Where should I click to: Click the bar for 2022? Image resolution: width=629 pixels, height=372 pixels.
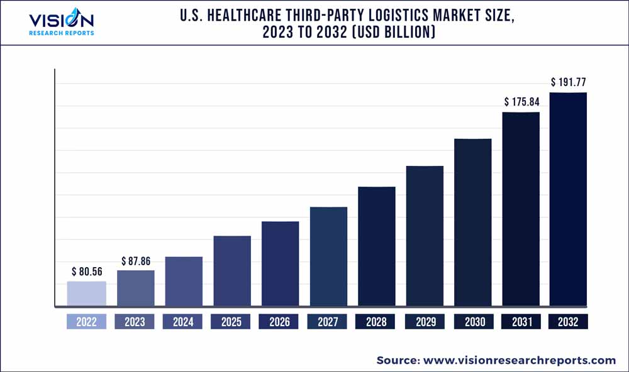coord(87,294)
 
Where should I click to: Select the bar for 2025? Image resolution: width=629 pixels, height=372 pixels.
coord(232,271)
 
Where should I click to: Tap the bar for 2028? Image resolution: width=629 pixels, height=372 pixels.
coord(377,247)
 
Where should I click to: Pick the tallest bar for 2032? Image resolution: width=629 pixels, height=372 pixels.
coord(568,200)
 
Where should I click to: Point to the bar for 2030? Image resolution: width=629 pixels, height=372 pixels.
coord(473,223)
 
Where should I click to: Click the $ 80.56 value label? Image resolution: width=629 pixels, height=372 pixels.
coord(87,272)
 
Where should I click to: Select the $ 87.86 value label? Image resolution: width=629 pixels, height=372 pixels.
coord(135,261)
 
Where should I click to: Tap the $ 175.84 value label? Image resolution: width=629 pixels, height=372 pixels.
coord(521,102)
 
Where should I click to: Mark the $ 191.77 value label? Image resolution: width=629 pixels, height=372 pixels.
coord(569,82)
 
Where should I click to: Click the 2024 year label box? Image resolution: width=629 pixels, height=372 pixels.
coord(183,322)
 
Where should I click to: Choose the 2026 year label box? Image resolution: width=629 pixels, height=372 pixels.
coord(279,322)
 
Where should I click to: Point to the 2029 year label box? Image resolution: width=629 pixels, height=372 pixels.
coord(425,322)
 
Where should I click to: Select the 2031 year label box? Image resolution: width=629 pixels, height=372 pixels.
coord(521,322)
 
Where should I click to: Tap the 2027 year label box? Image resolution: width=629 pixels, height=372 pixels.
coord(327,322)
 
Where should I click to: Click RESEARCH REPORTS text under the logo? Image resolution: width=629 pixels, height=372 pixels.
coord(62,33)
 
